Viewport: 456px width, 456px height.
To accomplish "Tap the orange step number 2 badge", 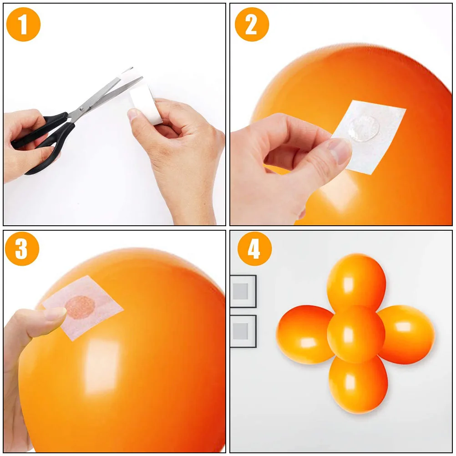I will pyautogui.click(x=252, y=24).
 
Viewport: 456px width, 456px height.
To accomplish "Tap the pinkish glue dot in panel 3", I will pyautogui.click(x=79, y=307).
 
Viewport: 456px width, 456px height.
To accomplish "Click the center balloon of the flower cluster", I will pyautogui.click(x=356, y=334).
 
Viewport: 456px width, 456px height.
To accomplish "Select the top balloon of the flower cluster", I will pyautogui.click(x=356, y=280).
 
